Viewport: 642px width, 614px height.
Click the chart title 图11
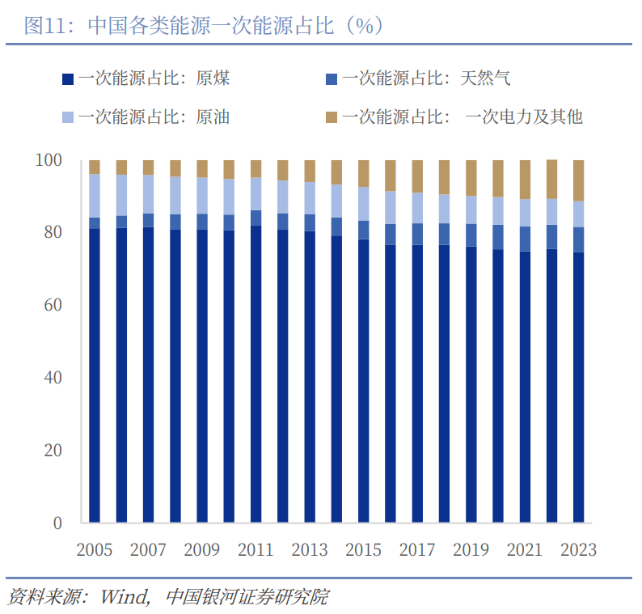pyautogui.click(x=45, y=25)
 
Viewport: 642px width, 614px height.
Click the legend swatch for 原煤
pyautogui.click(x=68, y=79)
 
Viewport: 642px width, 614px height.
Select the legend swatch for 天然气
pyautogui.click(x=332, y=79)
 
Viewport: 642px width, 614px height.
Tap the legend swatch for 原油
pyautogui.click(x=68, y=117)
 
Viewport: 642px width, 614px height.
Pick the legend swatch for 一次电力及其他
pyautogui.click(x=332, y=117)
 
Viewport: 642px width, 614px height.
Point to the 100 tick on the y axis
pyautogui.click(x=49, y=160)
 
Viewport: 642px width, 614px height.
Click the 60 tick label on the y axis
pyautogui.click(x=53, y=305)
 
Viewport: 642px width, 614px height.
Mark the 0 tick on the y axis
pyautogui.click(x=57, y=523)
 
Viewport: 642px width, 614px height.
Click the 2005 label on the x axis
pyautogui.click(x=94, y=550)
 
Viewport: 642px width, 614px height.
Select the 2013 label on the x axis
pyautogui.click(x=310, y=550)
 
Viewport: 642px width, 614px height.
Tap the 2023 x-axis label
pyautogui.click(x=579, y=550)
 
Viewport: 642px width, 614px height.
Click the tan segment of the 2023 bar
pyautogui.click(x=579, y=180)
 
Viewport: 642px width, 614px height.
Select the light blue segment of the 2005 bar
pyautogui.click(x=95, y=196)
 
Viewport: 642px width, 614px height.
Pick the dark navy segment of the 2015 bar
pyautogui.click(x=364, y=381)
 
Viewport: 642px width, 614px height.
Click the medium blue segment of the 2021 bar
pyautogui.click(x=525, y=239)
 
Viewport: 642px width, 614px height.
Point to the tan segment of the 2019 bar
pyautogui.click(x=471, y=178)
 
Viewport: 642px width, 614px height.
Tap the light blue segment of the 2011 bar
pyautogui.click(x=256, y=193)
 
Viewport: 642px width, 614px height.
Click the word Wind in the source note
pyautogui.click(x=125, y=597)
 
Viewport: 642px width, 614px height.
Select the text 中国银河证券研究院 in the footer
pyautogui.click(x=247, y=597)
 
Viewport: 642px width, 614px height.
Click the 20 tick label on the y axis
pyautogui.click(x=53, y=451)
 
